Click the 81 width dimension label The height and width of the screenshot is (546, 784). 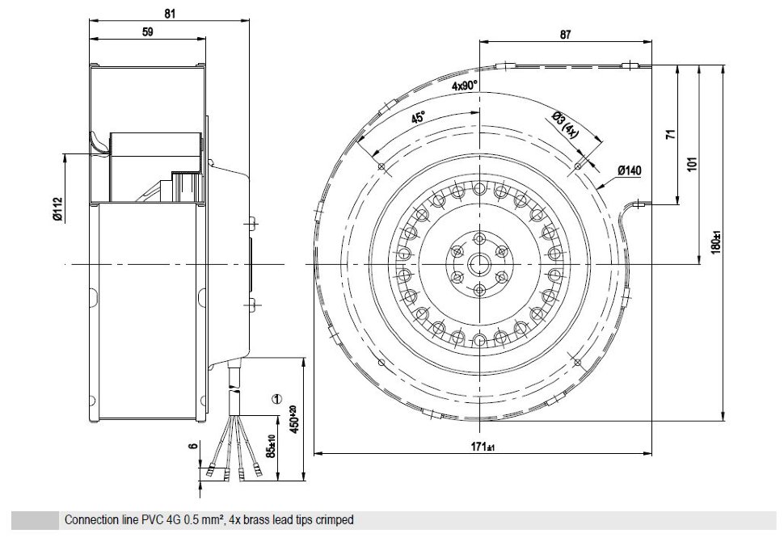point(170,14)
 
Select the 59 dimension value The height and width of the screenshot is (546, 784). point(147,32)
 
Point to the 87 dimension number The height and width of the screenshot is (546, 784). point(565,35)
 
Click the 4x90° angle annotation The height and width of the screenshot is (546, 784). point(465,86)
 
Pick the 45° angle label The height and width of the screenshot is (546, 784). point(418,117)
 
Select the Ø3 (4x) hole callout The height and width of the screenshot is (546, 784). point(565,125)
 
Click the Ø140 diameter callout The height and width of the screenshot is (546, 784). point(629,171)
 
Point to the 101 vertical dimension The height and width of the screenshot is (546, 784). point(692,164)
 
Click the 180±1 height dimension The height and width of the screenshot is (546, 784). point(716,241)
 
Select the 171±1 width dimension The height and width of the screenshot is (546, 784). point(483,446)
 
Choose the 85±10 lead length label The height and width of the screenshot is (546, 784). point(271,446)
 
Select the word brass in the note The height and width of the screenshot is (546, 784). point(257,520)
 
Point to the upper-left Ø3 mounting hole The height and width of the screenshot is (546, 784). point(381,166)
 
